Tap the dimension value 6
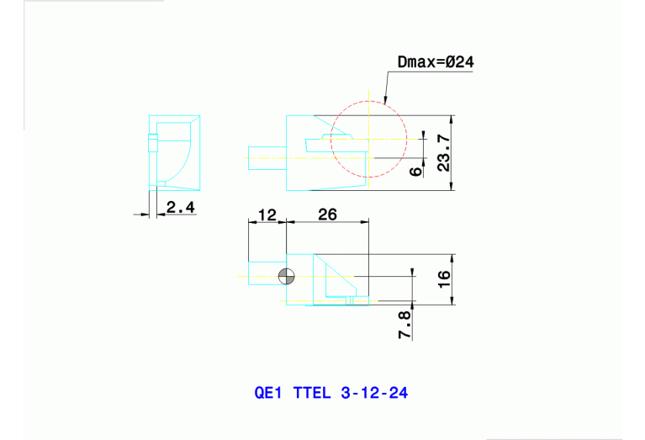416,171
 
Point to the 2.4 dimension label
180,206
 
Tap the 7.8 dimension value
404,325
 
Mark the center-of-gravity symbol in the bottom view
287,276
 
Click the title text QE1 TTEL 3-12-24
330,393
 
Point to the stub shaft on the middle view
267,156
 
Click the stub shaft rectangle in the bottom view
265,276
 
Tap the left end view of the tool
173,151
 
